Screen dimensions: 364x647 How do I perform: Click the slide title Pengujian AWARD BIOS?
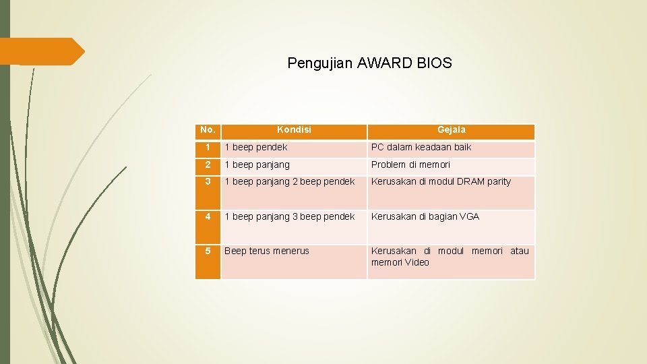[369, 63]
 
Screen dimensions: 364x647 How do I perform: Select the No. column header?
[208, 129]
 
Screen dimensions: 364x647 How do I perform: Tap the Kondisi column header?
[294, 129]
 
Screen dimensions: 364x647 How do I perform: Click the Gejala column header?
[451, 129]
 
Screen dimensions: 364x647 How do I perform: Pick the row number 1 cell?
[208, 147]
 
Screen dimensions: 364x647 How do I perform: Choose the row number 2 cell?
[208, 164]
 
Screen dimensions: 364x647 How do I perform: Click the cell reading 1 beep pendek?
[256, 147]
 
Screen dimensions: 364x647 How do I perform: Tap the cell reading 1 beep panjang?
[257, 164]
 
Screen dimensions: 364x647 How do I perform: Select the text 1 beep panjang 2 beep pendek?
[289, 182]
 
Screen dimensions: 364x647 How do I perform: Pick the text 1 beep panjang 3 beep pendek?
[289, 216]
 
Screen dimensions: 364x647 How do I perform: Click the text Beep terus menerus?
[267, 251]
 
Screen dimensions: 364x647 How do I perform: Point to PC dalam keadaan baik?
[421, 147]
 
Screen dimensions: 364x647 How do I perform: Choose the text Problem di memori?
[410, 164]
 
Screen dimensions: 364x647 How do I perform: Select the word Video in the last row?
[417, 262]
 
